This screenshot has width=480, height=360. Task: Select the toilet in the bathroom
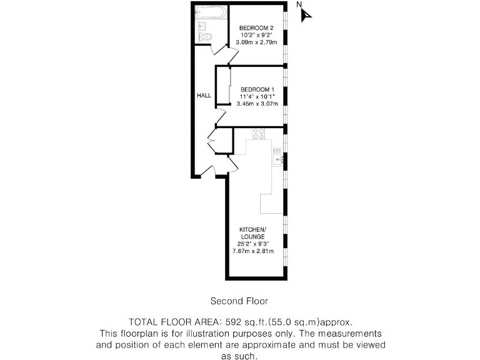click(206, 37)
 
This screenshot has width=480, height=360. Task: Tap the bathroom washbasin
click(201, 26)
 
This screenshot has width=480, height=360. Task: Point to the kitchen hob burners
click(259, 132)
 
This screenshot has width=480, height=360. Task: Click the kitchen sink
click(278, 160)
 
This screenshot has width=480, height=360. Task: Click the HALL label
click(204, 96)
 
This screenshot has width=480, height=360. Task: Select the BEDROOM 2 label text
click(257, 28)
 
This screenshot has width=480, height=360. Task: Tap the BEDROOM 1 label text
click(257, 89)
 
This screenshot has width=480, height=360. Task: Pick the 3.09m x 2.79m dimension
click(257, 42)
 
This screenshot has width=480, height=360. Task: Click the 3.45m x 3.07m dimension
click(257, 104)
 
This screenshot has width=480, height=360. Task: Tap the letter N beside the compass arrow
click(299, 5)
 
